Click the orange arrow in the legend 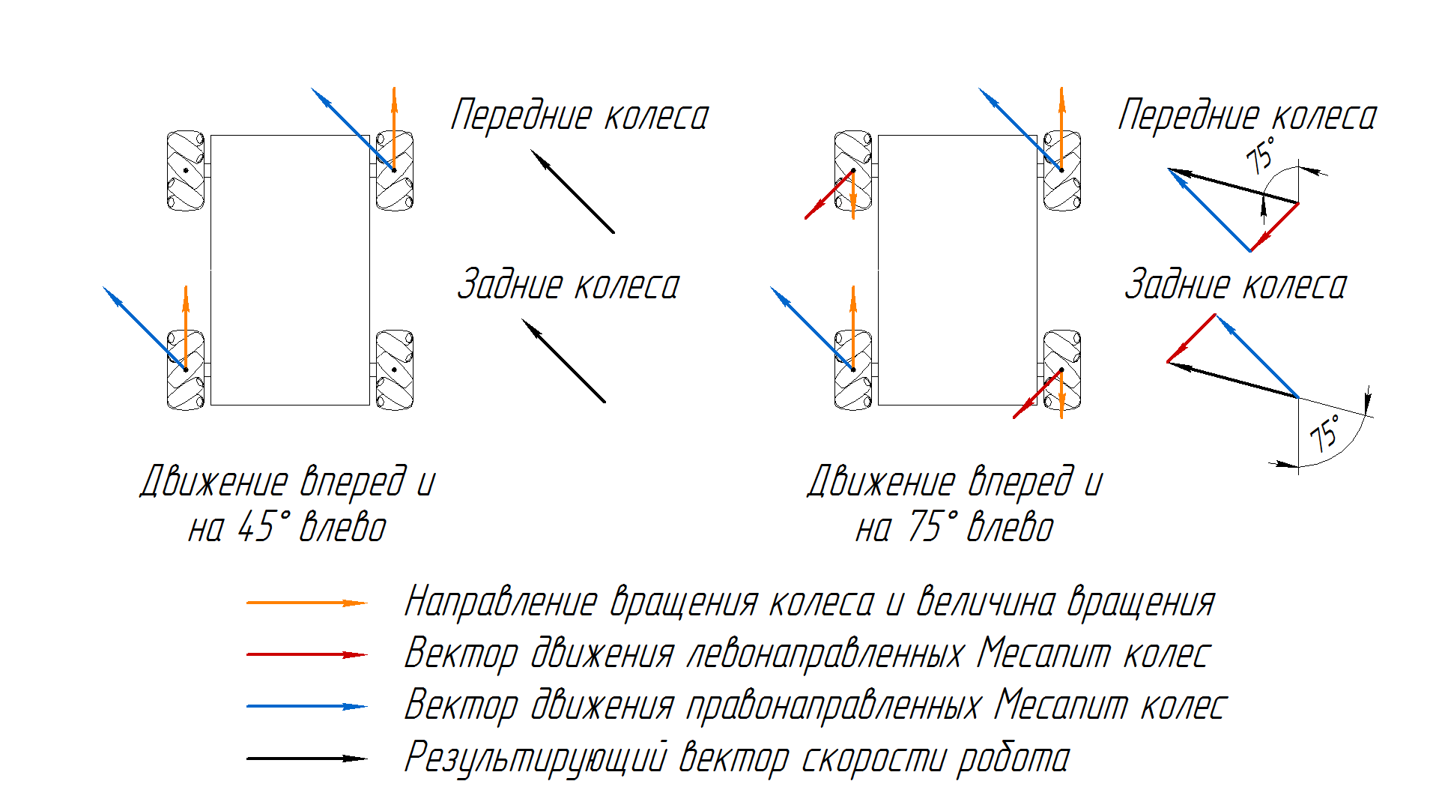[x=307, y=603]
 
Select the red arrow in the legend [x=307, y=654]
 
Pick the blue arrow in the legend [x=307, y=706]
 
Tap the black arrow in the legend [x=307, y=759]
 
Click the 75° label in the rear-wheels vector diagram [x=1325, y=433]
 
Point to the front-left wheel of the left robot [x=185, y=171]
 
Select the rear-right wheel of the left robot [x=395, y=370]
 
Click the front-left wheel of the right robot [x=852, y=171]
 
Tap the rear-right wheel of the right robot [x=1062, y=370]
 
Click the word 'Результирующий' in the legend [x=535, y=758]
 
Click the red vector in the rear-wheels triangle [x=1192, y=337]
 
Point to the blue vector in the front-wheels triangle [x=1210, y=211]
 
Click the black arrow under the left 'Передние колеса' [x=572, y=191]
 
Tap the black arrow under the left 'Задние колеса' [x=563, y=361]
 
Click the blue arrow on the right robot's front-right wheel [x=1020, y=129]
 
